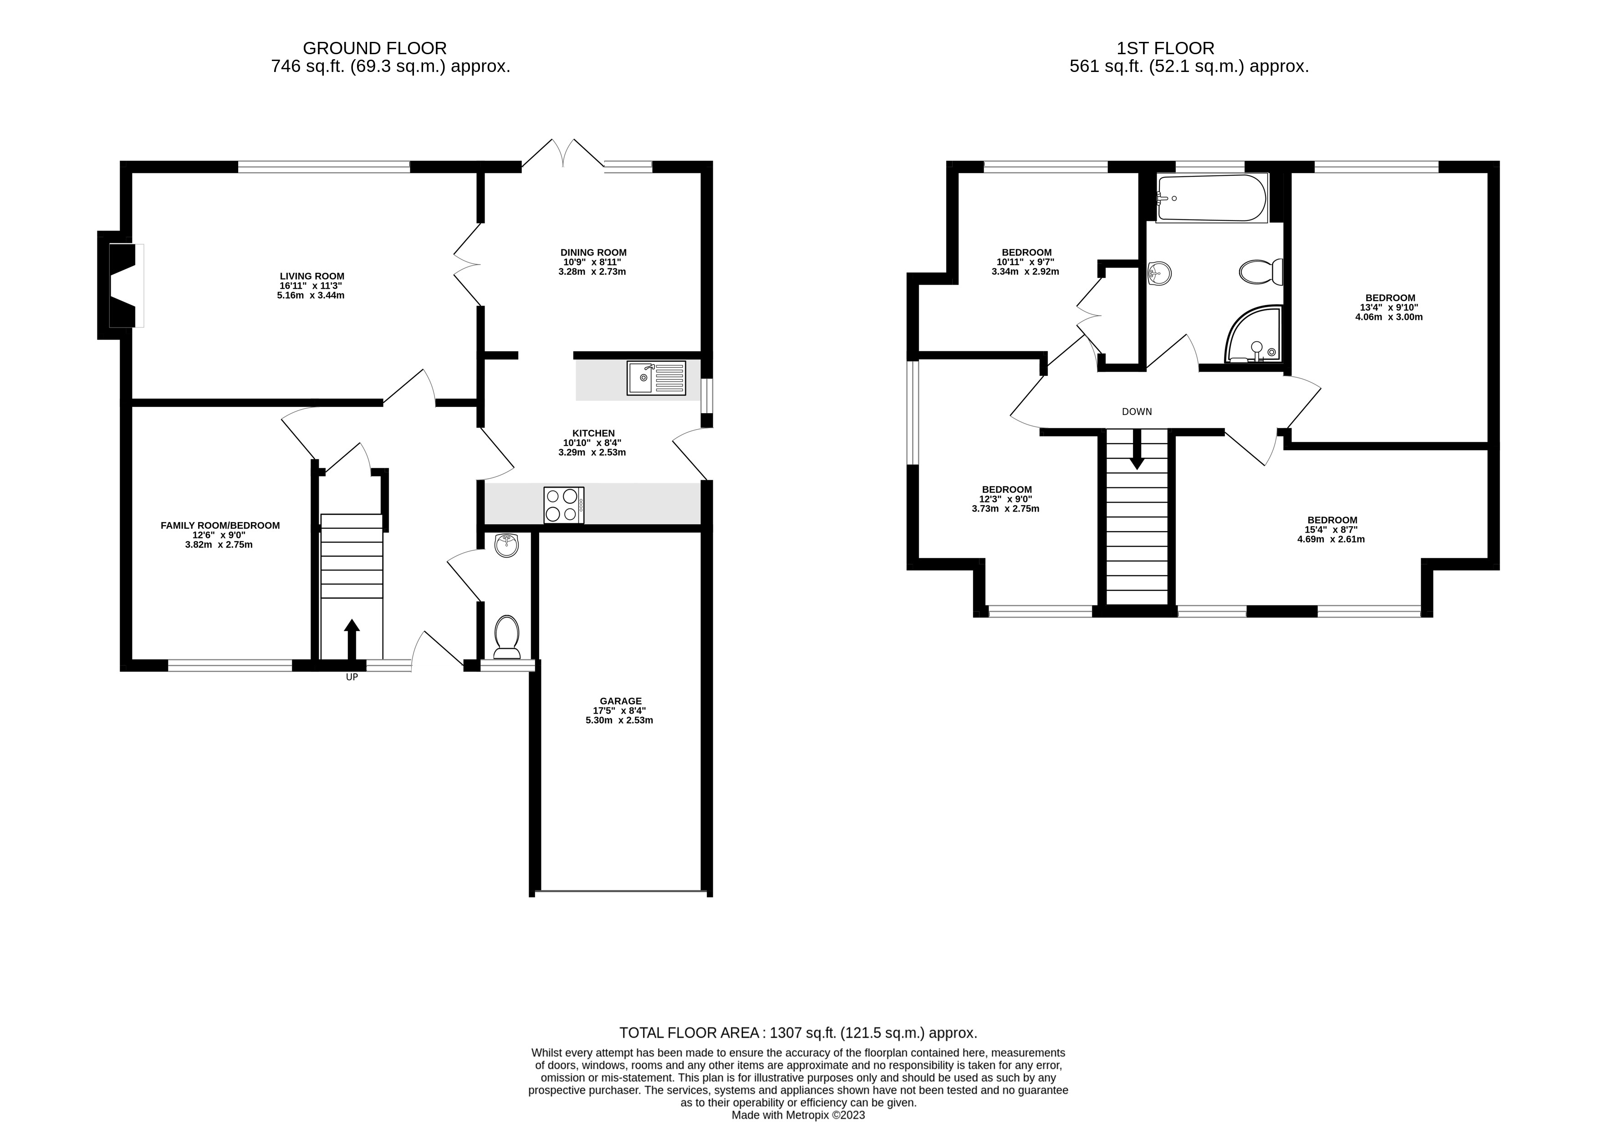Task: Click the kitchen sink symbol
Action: pos(655,378)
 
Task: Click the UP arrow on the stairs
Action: pos(352,639)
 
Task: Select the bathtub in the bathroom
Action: pos(1212,198)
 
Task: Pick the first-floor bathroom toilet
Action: pos(1260,272)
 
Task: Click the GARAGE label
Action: pos(620,701)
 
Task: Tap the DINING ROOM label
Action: pos(593,252)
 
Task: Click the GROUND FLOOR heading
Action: pos(374,48)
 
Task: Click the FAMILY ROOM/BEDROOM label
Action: pos(220,525)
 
